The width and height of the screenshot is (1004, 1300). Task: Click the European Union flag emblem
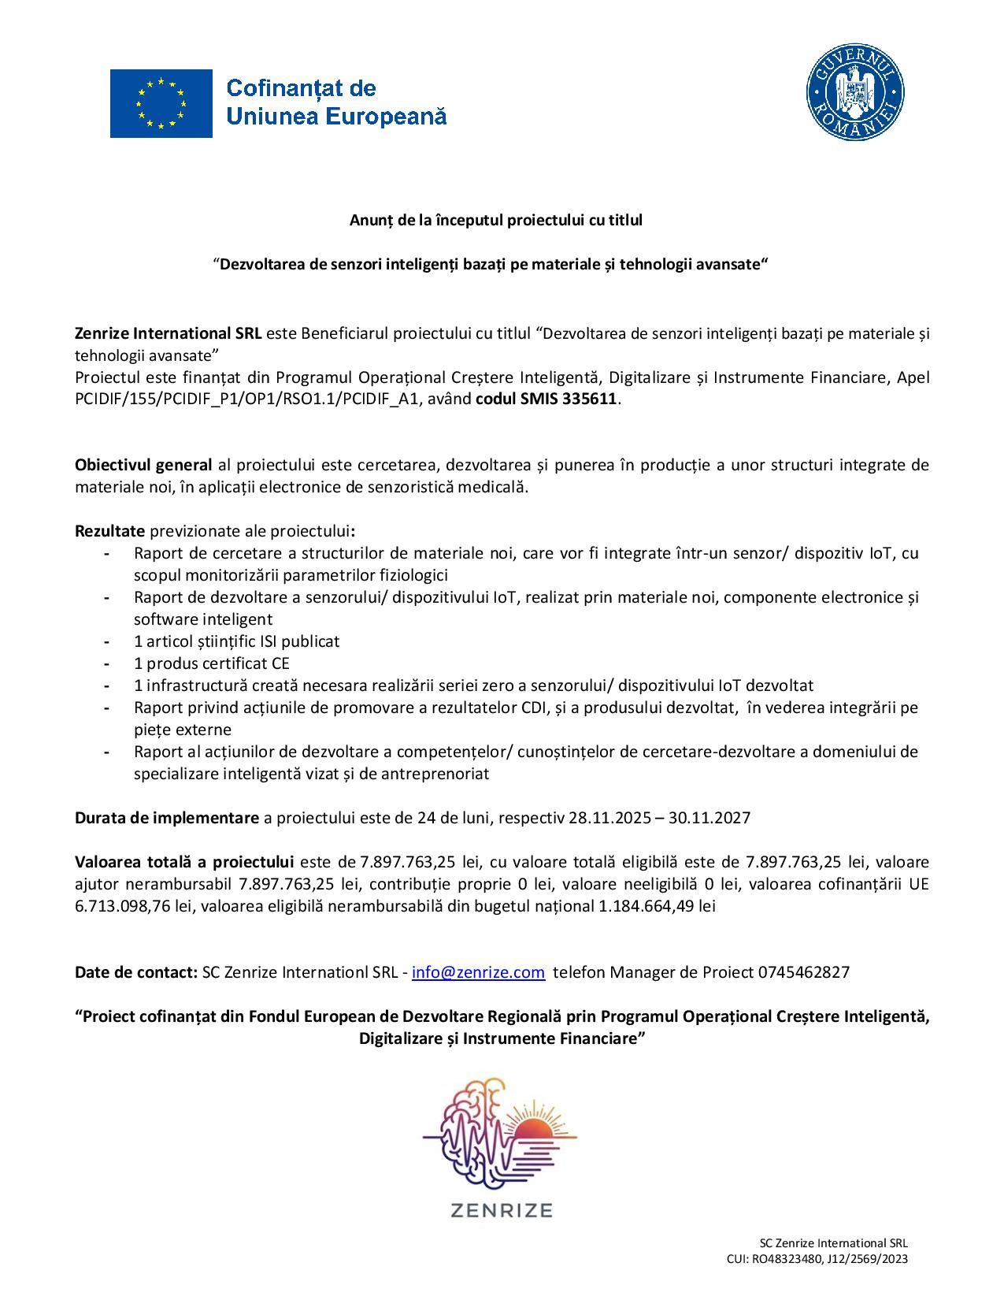click(x=161, y=103)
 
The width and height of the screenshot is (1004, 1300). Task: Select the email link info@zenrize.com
click(x=478, y=972)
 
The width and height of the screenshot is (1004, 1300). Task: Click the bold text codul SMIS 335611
click(x=546, y=399)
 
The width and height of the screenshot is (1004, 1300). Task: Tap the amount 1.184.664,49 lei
click(x=657, y=906)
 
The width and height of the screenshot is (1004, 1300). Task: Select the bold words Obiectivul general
click(x=143, y=465)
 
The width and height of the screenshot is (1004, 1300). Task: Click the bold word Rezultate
click(x=109, y=531)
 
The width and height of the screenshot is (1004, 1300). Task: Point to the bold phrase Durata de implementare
click(x=167, y=818)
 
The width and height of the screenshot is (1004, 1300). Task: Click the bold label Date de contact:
click(x=136, y=972)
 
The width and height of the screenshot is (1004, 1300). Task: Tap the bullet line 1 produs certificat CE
click(x=212, y=663)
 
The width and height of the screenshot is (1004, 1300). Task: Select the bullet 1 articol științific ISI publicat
click(x=236, y=641)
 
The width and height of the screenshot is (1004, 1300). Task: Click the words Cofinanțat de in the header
click(x=301, y=88)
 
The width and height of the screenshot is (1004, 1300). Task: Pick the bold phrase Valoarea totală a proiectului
click(x=184, y=862)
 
